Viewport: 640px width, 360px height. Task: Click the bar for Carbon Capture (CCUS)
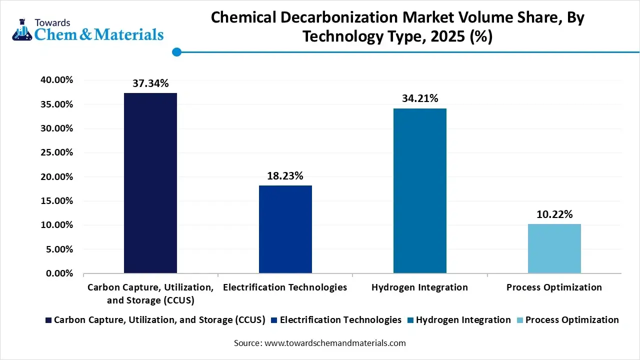pos(150,183)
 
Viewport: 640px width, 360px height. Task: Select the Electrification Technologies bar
pos(285,229)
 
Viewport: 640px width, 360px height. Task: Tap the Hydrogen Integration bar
pos(419,190)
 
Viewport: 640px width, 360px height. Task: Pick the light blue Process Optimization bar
pos(554,248)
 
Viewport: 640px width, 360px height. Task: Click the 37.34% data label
pos(150,83)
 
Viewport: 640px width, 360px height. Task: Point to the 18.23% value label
pos(285,176)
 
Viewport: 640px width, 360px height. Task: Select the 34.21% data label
pos(420,98)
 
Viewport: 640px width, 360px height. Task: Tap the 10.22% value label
pos(554,214)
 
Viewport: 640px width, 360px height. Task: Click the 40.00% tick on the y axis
pos(56,80)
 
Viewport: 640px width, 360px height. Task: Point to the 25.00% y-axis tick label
pos(56,152)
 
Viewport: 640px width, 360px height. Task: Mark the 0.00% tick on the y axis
pos(58,273)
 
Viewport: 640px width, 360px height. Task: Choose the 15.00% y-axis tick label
pos(56,201)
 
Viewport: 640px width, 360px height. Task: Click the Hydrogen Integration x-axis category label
pos(420,287)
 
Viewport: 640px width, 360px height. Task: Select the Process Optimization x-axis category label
pos(554,287)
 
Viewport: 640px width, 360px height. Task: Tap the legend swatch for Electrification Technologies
pos(274,320)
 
